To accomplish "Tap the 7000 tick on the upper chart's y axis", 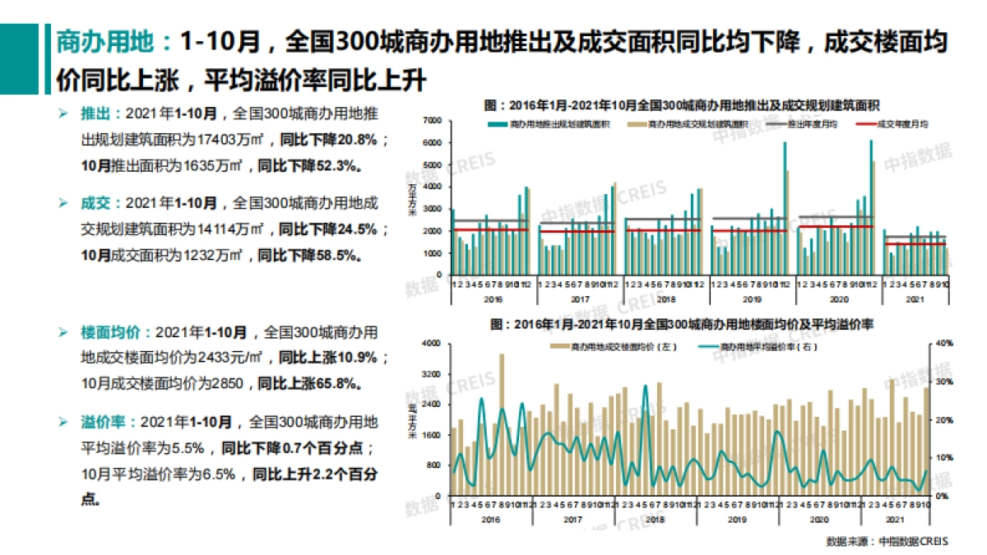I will (x=433, y=120).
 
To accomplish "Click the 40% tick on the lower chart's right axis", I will (x=944, y=343).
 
